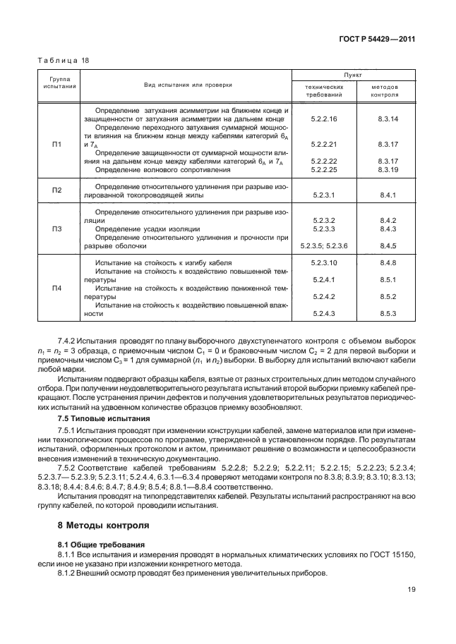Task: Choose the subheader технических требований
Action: click(x=324, y=90)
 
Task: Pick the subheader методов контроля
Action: click(x=385, y=90)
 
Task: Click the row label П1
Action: click(x=58, y=144)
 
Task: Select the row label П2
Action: click(x=58, y=190)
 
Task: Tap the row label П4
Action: click(x=58, y=288)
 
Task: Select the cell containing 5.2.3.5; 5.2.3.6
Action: click(x=324, y=245)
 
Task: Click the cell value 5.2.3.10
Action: click(x=324, y=262)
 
